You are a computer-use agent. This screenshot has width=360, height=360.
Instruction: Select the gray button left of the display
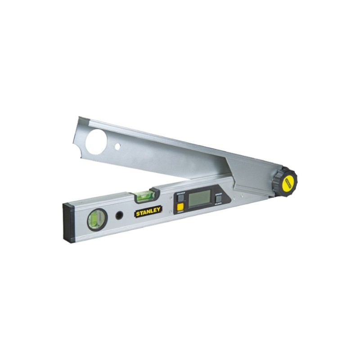click(180, 198)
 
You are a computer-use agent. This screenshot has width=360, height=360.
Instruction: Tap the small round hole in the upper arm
click(117, 147)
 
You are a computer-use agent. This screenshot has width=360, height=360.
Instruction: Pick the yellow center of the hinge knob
click(289, 182)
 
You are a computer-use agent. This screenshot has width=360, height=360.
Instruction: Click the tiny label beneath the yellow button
click(180, 212)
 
